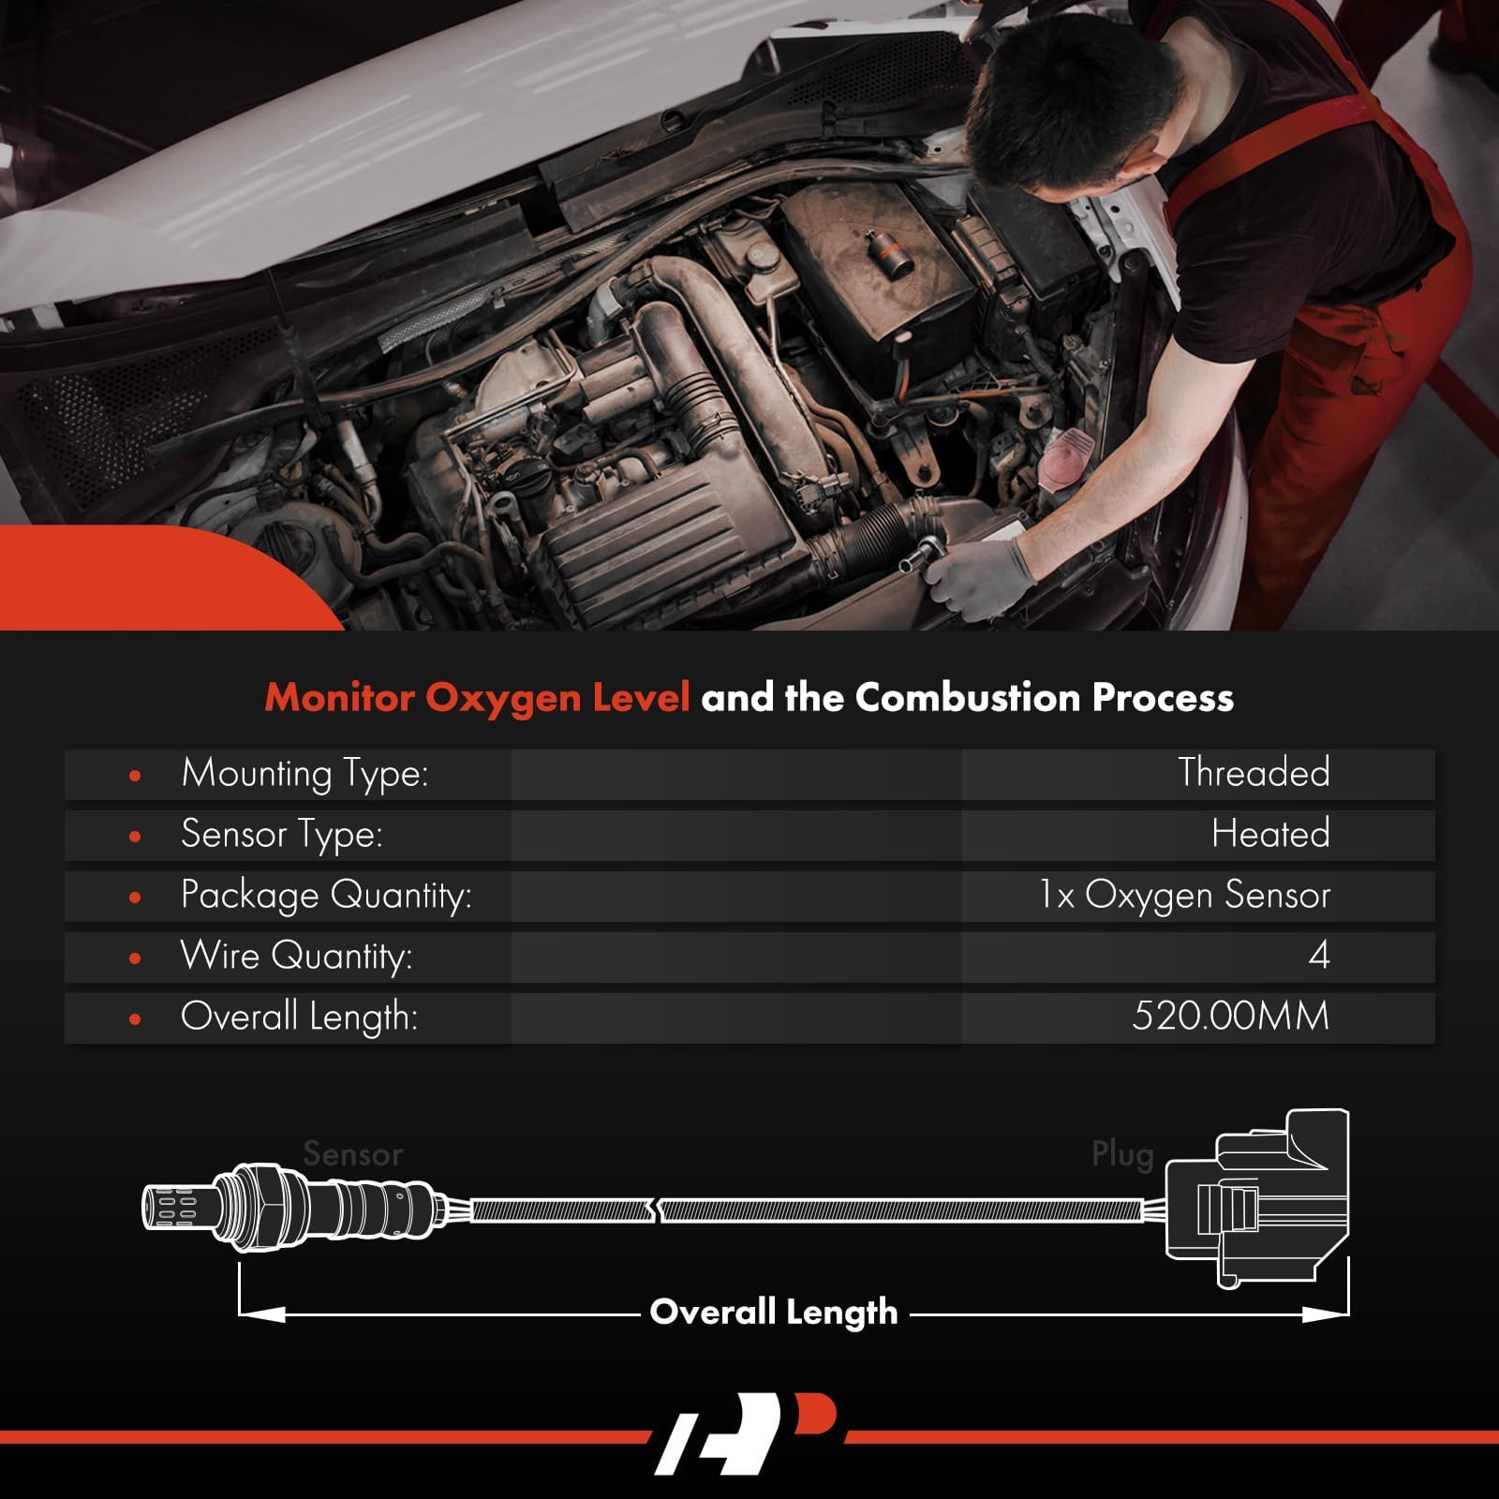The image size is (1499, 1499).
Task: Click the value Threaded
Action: [x=1254, y=773]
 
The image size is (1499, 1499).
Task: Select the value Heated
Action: [x=1270, y=834]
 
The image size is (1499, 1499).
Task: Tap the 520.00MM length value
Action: [x=1230, y=1017]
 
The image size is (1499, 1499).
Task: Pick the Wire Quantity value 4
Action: [x=1318, y=956]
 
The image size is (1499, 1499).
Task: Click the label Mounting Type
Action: [x=304, y=774]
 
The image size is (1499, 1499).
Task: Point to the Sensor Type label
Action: [x=282, y=835]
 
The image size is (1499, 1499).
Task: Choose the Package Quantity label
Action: [x=326, y=896]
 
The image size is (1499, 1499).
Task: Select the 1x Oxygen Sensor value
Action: [x=1184, y=896]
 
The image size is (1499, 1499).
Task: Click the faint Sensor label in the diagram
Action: [x=352, y=1154]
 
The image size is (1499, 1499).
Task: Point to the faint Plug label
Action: [x=1121, y=1154]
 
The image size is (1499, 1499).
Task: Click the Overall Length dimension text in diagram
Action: [x=774, y=1312]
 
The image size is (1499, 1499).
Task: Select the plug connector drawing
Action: [x=1256, y=1199]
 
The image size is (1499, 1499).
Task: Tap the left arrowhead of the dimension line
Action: [x=262, y=1314]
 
